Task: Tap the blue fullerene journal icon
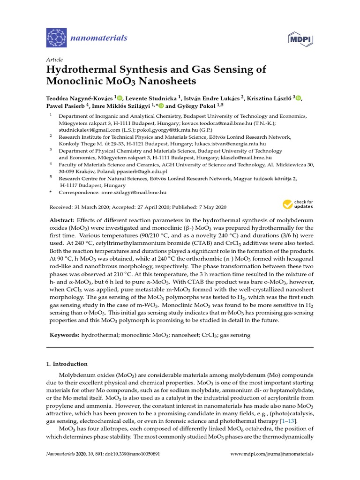57,37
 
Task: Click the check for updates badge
298,204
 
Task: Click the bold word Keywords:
64,336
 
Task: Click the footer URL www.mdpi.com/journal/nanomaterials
273,454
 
